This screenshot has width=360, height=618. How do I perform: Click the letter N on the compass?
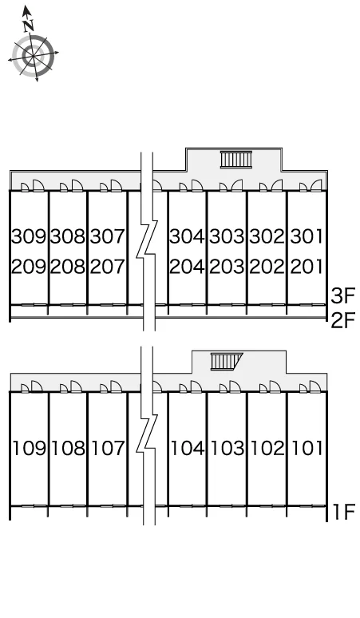coord(28,26)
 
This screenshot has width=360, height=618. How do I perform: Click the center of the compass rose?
coord(33,56)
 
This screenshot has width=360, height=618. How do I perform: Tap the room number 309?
coord(29,236)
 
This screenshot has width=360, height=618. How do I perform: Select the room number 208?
coord(68,267)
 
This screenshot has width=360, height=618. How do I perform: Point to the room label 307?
coord(108,236)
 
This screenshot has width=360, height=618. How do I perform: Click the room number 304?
coord(187,236)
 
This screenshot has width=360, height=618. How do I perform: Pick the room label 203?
coord(227,267)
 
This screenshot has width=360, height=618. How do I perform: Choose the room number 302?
coord(267,236)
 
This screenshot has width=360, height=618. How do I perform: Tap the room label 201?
coord(307,267)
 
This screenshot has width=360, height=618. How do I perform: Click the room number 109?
coord(30,448)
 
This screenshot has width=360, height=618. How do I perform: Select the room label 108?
coord(68,448)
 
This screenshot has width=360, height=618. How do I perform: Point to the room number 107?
coord(108,448)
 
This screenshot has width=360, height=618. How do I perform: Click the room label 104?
coord(188,448)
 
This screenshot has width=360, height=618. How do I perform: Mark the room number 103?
coord(227,448)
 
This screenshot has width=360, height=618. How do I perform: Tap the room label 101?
coord(307,448)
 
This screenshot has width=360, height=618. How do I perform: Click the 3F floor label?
coord(343,296)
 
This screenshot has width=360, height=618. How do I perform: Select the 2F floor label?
coord(343,321)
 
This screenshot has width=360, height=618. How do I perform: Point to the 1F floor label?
coord(345,512)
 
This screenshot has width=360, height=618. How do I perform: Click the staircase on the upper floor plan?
coord(236,160)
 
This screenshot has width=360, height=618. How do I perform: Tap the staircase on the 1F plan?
coord(226,362)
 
